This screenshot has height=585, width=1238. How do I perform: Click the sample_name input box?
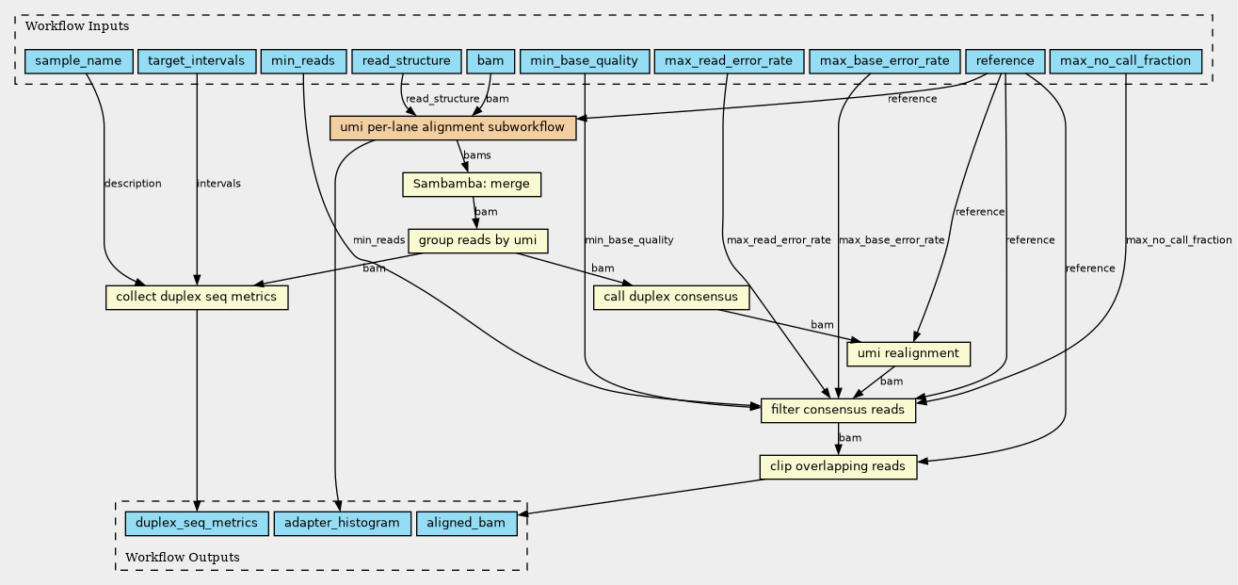click(78, 61)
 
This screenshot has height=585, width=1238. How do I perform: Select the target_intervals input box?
click(196, 61)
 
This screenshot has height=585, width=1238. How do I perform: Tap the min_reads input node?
click(303, 61)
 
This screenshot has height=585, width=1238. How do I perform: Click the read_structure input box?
click(406, 61)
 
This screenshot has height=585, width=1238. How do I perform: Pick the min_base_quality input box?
click(585, 61)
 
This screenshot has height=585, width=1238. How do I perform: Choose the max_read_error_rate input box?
click(729, 61)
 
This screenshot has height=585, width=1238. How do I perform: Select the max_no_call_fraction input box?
click(1125, 61)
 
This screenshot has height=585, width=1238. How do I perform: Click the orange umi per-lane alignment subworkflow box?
click(453, 128)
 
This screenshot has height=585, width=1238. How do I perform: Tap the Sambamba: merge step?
click(472, 184)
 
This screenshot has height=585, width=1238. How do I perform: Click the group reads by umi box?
click(477, 240)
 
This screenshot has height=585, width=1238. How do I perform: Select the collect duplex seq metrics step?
click(197, 298)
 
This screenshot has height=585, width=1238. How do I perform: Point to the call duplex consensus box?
click(671, 298)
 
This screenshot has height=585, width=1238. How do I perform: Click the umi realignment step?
click(908, 354)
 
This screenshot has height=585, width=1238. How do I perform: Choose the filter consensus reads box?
click(838, 411)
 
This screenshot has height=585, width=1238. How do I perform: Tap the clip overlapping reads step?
click(838, 466)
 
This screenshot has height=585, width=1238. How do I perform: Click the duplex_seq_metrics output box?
click(197, 524)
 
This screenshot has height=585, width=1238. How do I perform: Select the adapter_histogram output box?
click(342, 524)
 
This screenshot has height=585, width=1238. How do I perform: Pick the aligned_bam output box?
click(466, 524)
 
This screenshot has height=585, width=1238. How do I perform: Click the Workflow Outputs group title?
click(183, 558)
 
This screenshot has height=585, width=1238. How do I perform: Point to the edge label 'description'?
click(133, 184)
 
